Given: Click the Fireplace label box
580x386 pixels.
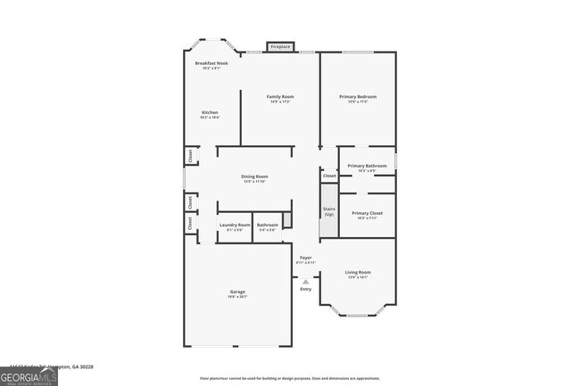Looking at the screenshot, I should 280,46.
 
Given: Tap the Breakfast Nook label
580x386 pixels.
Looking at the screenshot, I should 211,63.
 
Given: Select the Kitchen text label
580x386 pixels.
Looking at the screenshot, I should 210,112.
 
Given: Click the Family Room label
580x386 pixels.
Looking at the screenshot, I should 280,96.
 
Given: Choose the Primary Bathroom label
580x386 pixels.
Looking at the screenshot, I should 367,166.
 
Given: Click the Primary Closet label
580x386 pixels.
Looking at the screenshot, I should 367,213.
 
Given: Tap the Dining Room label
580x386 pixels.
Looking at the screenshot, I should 254,177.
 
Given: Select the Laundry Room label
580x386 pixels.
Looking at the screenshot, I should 235,225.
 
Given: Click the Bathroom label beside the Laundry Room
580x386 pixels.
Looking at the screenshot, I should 268,225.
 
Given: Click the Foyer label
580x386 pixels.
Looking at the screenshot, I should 305,258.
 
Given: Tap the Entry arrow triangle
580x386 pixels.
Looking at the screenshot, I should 305,281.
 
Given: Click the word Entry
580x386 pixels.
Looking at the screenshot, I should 306,289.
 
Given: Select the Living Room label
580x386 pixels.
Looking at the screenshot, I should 358,272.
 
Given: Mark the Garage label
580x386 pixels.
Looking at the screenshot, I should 237,292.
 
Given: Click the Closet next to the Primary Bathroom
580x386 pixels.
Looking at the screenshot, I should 329,177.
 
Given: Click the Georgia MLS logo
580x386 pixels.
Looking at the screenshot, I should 29,376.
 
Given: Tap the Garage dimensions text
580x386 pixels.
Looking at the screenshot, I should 237,297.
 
